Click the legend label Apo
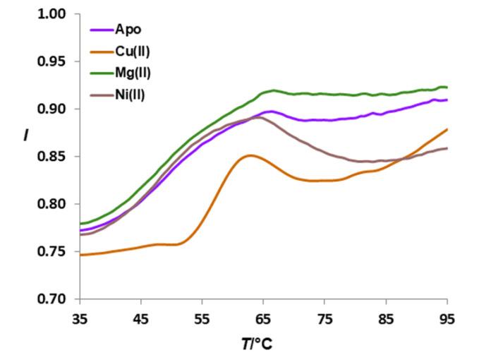(x=128, y=30)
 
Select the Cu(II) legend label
(x=134, y=52)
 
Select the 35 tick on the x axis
(x=80, y=318)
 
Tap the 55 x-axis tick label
(x=202, y=318)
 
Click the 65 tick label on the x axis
(x=264, y=318)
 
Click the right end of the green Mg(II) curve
(x=447, y=87)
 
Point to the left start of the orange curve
(x=80, y=255)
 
